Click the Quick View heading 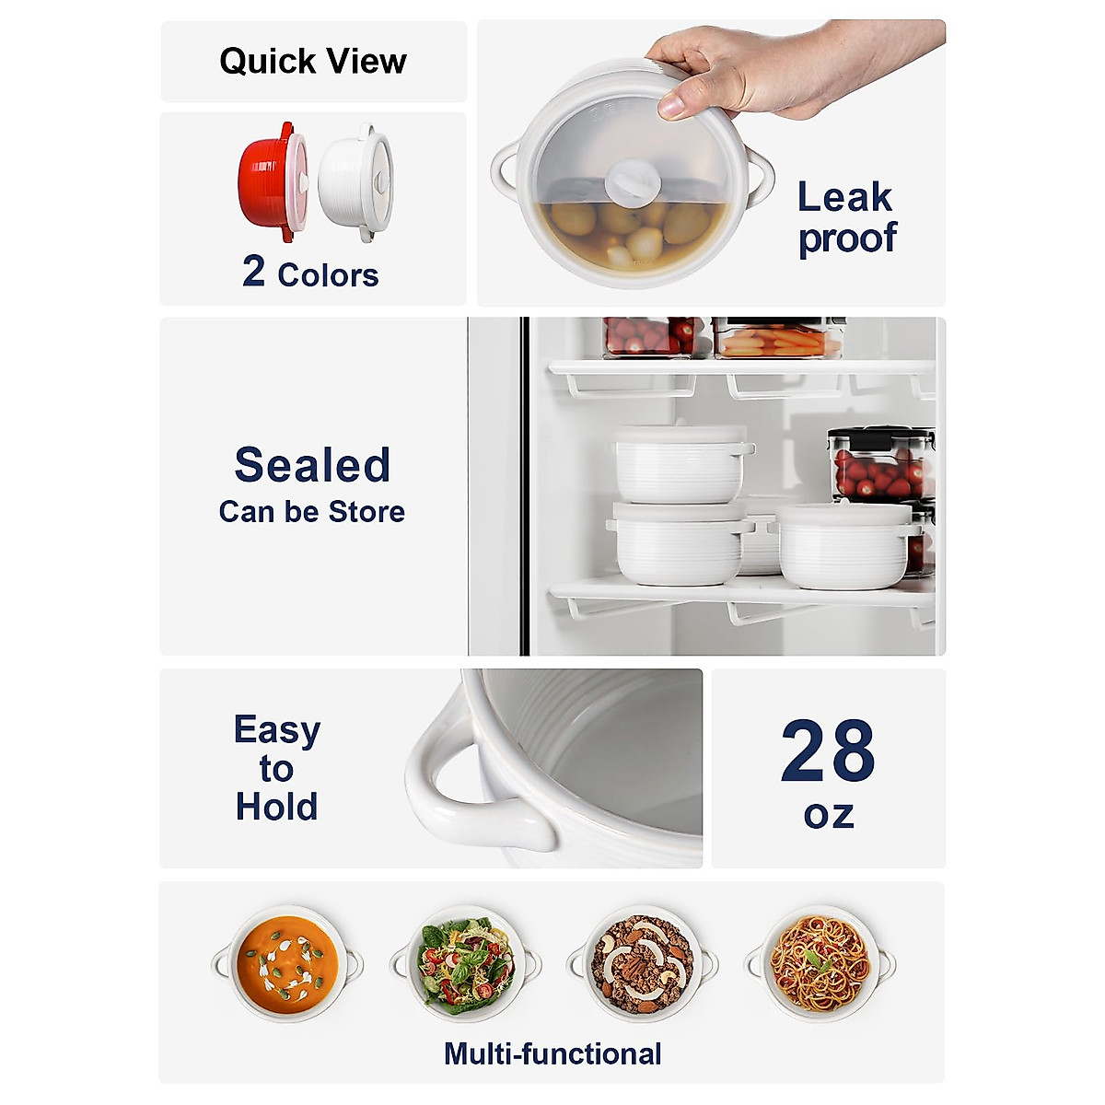[x=312, y=62]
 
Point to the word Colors [x=328, y=275]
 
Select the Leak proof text [x=846, y=217]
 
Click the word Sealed [x=312, y=465]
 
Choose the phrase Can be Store [x=312, y=512]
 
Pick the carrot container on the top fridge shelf [x=778, y=338]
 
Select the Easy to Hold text [x=276, y=768]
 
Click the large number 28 [x=828, y=751]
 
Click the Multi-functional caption [x=552, y=1053]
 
